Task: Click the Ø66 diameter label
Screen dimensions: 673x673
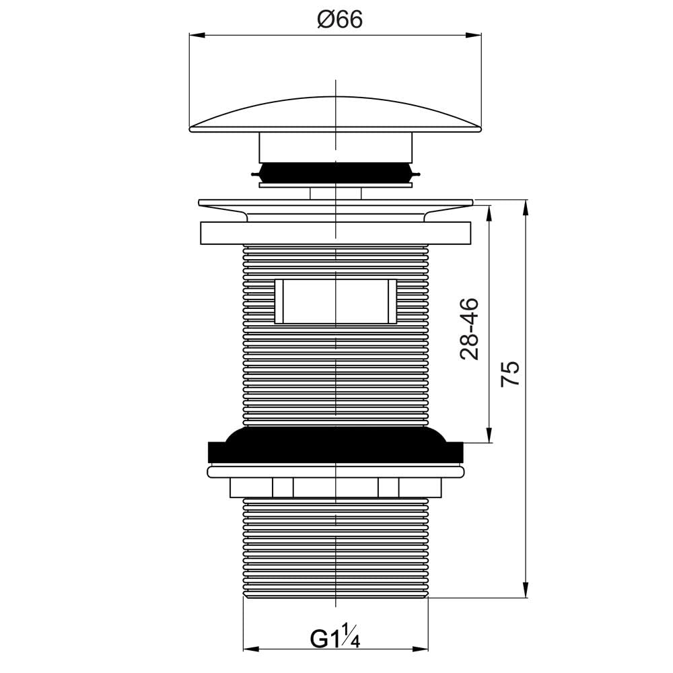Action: [340, 19]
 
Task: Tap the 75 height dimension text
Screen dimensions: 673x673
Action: [511, 374]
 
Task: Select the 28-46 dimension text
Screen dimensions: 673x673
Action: [469, 328]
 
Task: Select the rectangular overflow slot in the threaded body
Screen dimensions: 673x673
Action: [336, 301]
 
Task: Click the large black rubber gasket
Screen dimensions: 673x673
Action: [336, 446]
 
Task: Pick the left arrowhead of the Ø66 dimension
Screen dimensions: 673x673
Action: [197, 35]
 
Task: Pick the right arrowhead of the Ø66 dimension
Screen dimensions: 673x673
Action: [474, 35]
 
